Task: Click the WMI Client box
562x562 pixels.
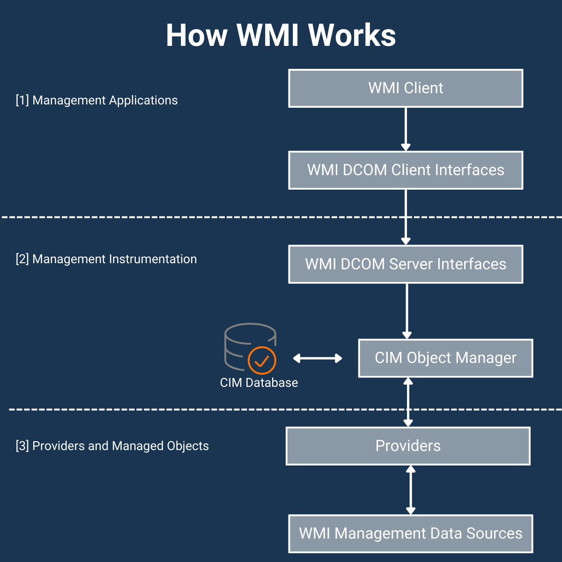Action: pyautogui.click(x=406, y=88)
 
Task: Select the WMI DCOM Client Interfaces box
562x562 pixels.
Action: pyautogui.click(x=406, y=170)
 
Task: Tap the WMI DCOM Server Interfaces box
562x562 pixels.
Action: pyautogui.click(x=406, y=264)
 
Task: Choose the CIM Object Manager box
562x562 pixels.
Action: pyautogui.click(x=445, y=358)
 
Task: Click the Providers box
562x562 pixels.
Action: pyautogui.click(x=408, y=446)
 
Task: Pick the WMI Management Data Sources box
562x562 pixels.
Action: pyautogui.click(x=410, y=533)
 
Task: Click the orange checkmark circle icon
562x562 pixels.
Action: pyautogui.click(x=262, y=361)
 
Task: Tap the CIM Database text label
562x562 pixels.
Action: pyautogui.click(x=259, y=383)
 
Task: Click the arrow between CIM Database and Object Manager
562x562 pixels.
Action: pyautogui.click(x=318, y=358)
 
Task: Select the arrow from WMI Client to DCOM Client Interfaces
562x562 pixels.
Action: pyautogui.click(x=406, y=129)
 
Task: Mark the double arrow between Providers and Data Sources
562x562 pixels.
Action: pyautogui.click(x=411, y=490)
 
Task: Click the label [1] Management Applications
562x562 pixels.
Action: pyautogui.click(x=96, y=100)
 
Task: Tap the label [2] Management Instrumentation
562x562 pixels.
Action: pyautogui.click(x=106, y=259)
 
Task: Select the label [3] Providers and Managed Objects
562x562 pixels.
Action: pyautogui.click(x=112, y=446)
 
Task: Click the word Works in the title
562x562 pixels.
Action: pyautogui.click(x=352, y=35)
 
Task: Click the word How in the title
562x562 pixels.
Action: pyautogui.click(x=197, y=35)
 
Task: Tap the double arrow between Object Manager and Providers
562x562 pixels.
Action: pyautogui.click(x=408, y=402)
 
